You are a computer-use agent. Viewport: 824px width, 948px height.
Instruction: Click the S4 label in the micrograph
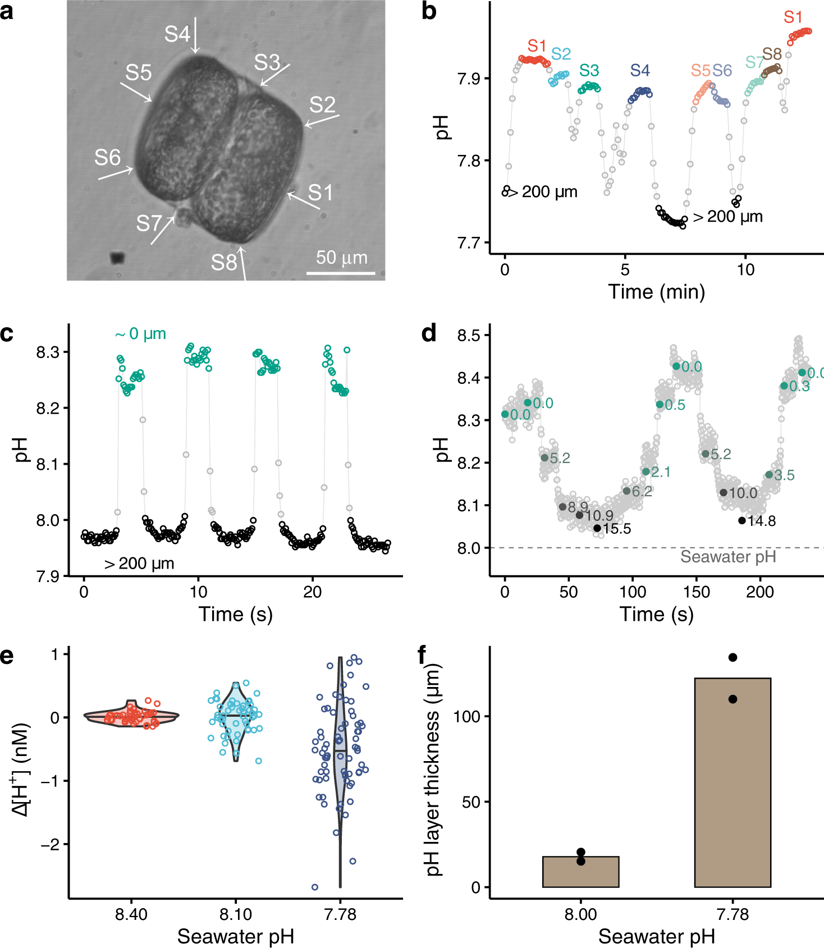(x=177, y=34)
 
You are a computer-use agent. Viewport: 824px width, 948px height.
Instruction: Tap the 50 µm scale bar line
(x=341, y=273)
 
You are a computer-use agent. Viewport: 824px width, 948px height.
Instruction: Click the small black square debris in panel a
(x=117, y=258)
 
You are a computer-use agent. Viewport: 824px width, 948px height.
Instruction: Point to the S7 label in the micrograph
(x=149, y=223)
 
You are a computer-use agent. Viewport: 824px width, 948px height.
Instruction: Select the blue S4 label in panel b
(x=639, y=71)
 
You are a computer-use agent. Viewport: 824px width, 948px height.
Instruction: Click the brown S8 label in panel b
(x=772, y=54)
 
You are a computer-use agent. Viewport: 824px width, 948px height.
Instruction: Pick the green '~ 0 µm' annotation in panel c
(x=140, y=334)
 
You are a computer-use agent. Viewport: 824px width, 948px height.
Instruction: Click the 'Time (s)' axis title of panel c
(x=235, y=614)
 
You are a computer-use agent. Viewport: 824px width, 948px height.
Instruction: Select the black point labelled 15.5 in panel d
(x=597, y=528)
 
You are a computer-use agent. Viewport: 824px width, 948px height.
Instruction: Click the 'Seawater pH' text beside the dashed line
(x=727, y=557)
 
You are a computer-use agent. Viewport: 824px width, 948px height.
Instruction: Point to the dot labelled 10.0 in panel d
(x=724, y=493)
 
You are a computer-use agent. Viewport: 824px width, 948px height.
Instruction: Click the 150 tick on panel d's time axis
(x=697, y=592)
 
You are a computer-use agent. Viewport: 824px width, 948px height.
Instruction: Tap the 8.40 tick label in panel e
(x=131, y=914)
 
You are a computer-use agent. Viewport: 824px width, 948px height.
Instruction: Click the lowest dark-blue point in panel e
(x=315, y=887)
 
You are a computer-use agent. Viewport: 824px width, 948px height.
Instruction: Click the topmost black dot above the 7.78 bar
(x=733, y=657)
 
